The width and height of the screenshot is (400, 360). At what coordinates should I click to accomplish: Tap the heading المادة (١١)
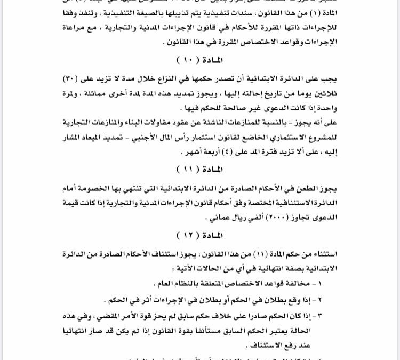[x=201, y=169]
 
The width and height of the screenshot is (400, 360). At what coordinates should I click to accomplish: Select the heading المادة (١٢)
[x=201, y=235]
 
